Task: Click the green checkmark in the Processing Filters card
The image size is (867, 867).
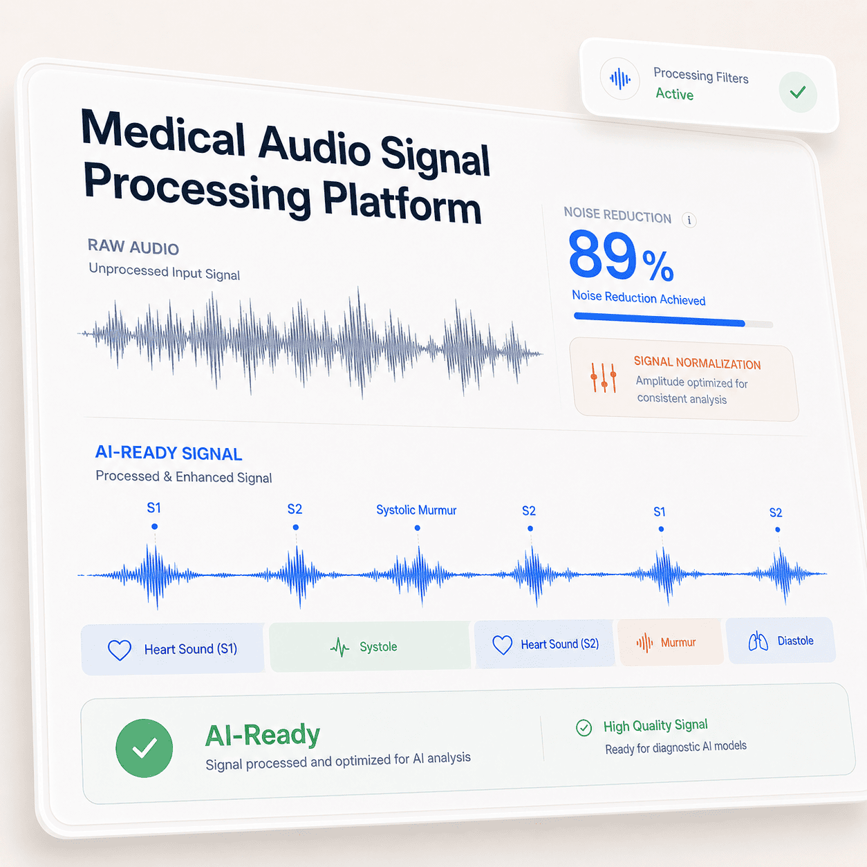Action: [x=798, y=92]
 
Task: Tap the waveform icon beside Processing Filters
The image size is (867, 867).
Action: [x=619, y=80]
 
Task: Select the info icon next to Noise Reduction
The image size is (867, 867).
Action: [x=689, y=220]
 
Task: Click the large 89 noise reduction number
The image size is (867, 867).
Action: [x=602, y=254]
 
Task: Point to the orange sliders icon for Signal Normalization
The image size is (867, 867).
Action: [x=603, y=377]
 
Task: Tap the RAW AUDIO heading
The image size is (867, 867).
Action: [x=133, y=247]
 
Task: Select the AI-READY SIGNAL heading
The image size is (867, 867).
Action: [x=168, y=453]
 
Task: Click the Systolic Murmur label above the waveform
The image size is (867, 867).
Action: [x=416, y=510]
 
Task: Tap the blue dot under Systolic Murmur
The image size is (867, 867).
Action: [x=418, y=528]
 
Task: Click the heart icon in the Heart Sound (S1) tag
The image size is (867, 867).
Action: [x=120, y=650]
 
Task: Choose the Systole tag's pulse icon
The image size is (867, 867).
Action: [x=339, y=647]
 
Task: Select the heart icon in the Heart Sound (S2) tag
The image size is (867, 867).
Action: [x=502, y=645]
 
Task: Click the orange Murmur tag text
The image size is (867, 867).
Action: [x=678, y=642]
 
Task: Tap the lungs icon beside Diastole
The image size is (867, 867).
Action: [x=758, y=641]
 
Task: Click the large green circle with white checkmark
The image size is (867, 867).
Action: [x=144, y=748]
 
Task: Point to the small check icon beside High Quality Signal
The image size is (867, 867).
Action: [x=584, y=727]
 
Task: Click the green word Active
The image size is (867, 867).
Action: [x=674, y=93]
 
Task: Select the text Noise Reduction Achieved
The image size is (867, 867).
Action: [x=638, y=298]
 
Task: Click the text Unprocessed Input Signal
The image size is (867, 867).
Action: [x=165, y=271]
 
